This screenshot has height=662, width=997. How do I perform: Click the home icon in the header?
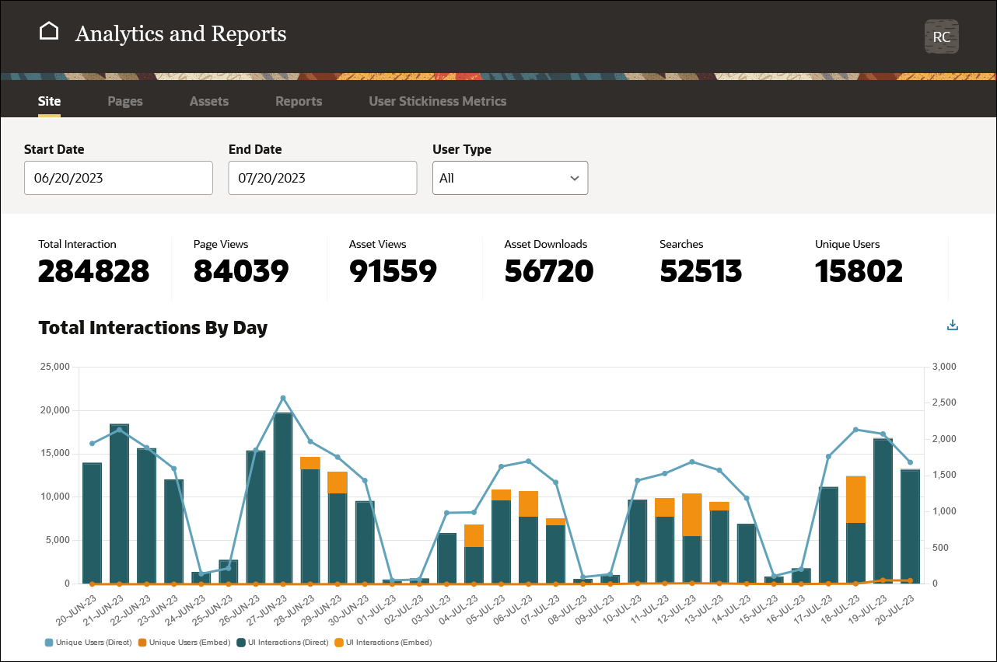coord(49,32)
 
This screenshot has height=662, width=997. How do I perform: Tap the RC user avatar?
coord(941,37)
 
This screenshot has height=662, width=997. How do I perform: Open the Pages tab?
coord(125,101)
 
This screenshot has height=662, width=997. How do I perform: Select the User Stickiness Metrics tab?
coord(437,101)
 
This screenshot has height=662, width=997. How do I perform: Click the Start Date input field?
coord(118,178)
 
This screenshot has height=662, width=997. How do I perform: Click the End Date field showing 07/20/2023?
coord(322,178)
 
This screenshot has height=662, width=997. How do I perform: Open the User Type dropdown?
coord(509,178)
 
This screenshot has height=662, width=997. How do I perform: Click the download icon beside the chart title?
coord(952,326)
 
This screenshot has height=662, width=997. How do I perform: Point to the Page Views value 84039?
coord(241,271)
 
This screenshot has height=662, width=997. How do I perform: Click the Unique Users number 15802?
coord(859,271)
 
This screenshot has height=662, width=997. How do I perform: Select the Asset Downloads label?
coord(545,244)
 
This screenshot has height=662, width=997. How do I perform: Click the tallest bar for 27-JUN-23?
coord(282,497)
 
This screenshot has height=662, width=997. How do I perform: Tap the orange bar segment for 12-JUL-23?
coord(691,514)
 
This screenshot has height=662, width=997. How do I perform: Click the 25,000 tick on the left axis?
coord(54,367)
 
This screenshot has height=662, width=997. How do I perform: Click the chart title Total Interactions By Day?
coord(152,328)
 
